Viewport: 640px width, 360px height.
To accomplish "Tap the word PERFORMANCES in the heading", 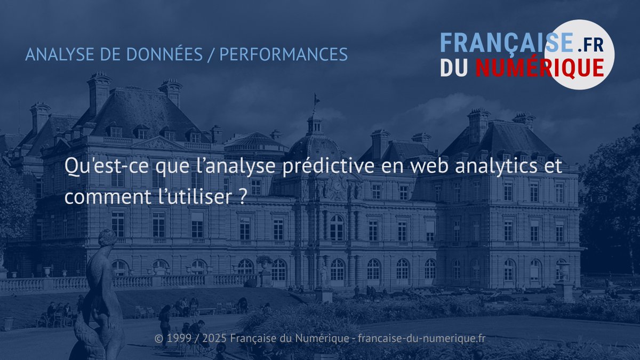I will click(x=283, y=54).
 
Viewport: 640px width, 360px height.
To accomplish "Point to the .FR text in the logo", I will click(x=590, y=45).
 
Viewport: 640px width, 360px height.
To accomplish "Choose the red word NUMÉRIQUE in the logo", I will click(x=539, y=68).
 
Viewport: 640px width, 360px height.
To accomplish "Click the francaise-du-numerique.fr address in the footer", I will click(x=421, y=339).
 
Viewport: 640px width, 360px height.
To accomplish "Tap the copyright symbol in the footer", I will click(x=158, y=339).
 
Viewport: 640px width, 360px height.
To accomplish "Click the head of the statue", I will click(x=107, y=238).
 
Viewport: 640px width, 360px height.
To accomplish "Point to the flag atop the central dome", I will click(x=316, y=99).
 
